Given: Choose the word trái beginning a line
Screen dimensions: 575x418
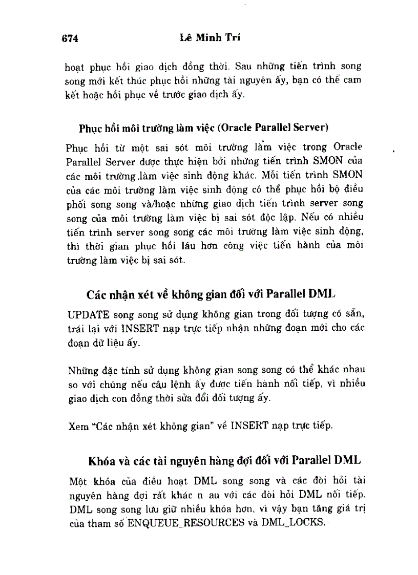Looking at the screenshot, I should pyautogui.click(x=75, y=328).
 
